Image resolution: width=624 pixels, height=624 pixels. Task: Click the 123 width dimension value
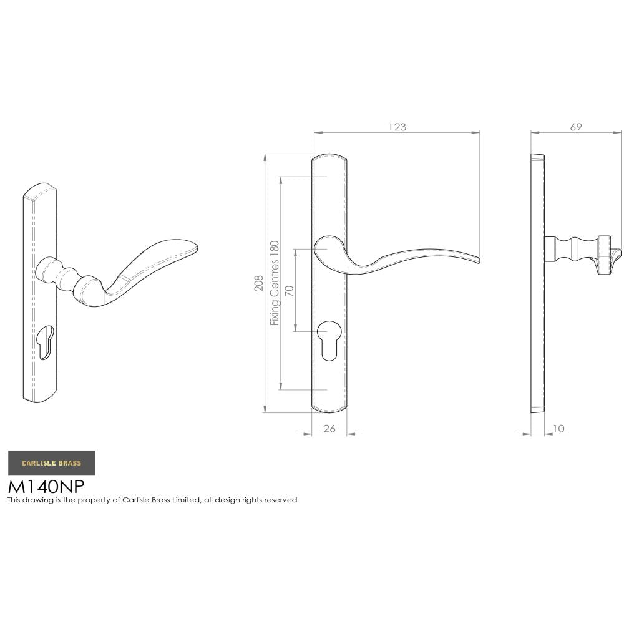(x=397, y=127)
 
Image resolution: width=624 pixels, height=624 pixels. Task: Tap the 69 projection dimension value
(x=576, y=127)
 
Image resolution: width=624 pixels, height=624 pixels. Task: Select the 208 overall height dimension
(x=258, y=284)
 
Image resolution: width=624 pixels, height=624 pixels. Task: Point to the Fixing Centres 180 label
(x=274, y=283)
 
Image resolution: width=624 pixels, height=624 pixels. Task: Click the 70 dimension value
(x=290, y=291)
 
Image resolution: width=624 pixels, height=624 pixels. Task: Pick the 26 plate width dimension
(x=329, y=428)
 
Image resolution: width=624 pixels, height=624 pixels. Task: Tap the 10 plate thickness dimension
(x=558, y=428)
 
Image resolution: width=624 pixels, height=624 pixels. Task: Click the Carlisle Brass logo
(x=51, y=463)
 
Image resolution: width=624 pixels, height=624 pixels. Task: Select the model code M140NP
(x=46, y=486)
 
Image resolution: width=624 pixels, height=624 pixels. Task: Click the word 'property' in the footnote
(x=101, y=500)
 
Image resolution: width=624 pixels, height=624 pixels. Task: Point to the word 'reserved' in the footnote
(x=281, y=500)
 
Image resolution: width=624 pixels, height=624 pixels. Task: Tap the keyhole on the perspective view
(x=46, y=342)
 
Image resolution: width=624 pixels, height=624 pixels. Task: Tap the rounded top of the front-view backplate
(x=329, y=157)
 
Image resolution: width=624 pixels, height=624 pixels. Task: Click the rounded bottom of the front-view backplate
(x=329, y=409)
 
